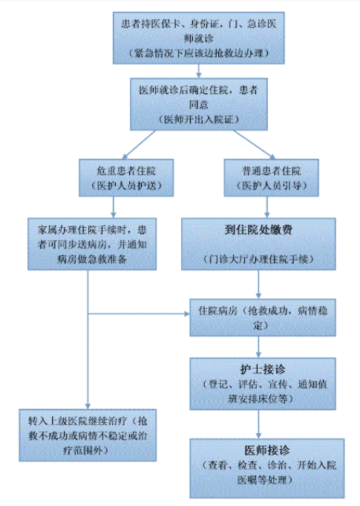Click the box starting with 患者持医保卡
(199, 38)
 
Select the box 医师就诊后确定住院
(199, 104)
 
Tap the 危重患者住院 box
(126, 178)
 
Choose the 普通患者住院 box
(271, 178)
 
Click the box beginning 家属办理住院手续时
(92, 244)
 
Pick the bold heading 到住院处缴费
(258, 230)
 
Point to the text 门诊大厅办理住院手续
(258, 259)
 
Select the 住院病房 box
(263, 318)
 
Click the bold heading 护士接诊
(263, 369)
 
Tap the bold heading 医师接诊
(266, 450)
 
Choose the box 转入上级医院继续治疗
(88, 436)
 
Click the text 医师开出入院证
(199, 119)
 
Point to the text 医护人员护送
(126, 185)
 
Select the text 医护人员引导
(271, 185)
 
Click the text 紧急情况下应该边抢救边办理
(199, 53)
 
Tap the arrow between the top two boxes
(199, 71)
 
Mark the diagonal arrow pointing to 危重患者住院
(139, 145)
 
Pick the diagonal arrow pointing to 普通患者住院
(255, 145)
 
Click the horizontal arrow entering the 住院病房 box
(139, 314)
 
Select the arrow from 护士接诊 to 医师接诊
(258, 424)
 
